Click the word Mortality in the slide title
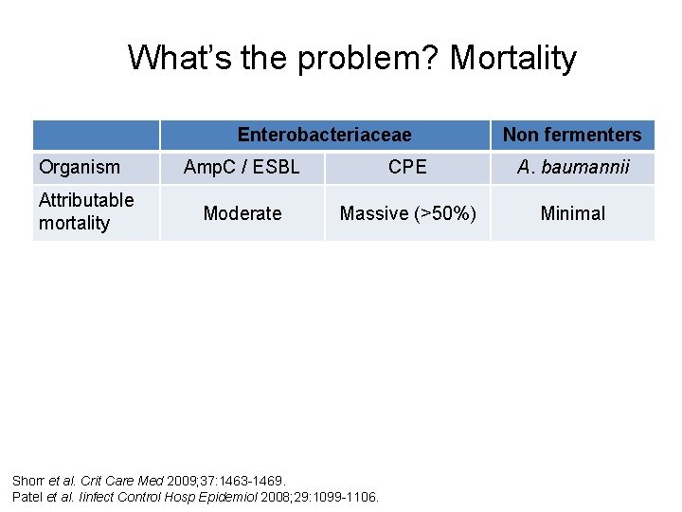click(512, 58)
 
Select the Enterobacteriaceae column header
click(324, 135)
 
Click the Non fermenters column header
click(572, 135)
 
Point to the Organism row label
click(80, 168)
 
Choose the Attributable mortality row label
click(86, 211)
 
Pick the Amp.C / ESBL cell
click(242, 168)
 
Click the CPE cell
click(407, 168)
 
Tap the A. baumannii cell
click(572, 168)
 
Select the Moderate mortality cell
click(242, 213)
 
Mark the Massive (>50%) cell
click(407, 213)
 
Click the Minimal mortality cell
click(572, 213)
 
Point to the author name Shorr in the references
click(28, 482)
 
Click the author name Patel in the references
click(28, 496)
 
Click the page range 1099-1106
click(350, 496)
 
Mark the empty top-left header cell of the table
click(96, 135)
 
